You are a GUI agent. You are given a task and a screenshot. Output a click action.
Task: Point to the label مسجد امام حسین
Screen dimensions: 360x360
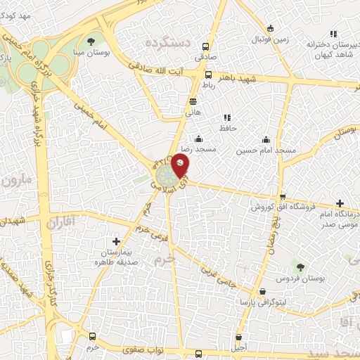click(266, 151)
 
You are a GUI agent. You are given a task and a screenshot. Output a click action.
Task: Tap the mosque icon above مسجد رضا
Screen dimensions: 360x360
click(200, 139)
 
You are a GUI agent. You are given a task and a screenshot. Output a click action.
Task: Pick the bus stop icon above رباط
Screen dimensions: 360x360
click(207, 74)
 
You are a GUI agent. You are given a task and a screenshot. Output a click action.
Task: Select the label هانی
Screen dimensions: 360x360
click(193, 111)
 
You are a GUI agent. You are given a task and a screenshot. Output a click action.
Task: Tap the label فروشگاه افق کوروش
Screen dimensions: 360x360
click(282, 208)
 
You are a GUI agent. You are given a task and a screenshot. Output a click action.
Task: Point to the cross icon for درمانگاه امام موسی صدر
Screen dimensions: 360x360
click(340, 202)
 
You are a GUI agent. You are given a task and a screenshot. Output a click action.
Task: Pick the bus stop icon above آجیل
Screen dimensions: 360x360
click(240, 337)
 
